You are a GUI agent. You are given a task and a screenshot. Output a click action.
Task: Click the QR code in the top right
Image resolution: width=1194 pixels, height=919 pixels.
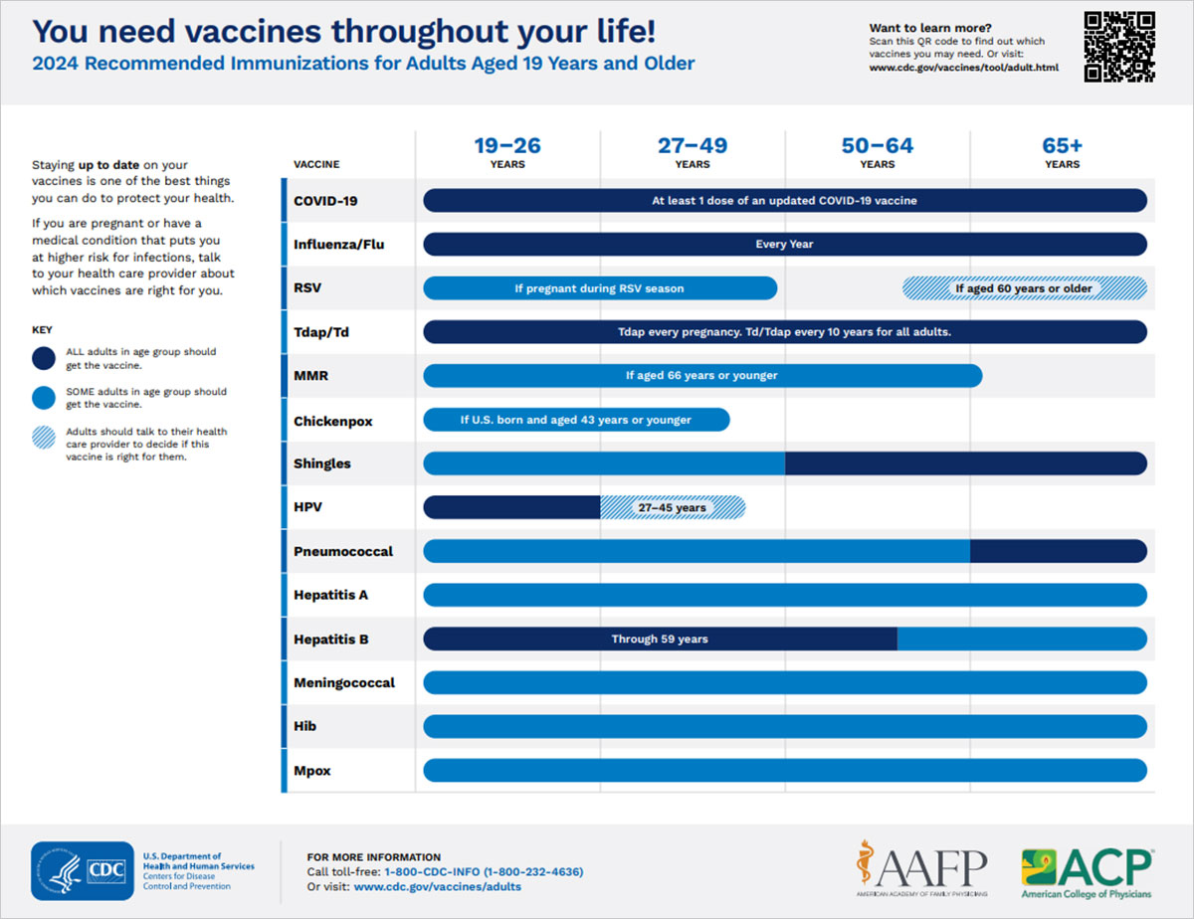click(x=1118, y=46)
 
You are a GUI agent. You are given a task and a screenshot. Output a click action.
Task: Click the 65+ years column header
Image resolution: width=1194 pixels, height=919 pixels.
click(x=1062, y=152)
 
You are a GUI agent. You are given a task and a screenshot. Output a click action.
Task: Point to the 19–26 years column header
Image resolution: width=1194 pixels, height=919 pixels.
click(x=507, y=152)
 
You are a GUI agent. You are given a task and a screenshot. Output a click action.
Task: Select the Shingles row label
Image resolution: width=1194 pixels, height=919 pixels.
click(x=322, y=463)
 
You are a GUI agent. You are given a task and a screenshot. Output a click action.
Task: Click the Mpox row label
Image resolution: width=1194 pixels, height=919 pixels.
click(x=313, y=770)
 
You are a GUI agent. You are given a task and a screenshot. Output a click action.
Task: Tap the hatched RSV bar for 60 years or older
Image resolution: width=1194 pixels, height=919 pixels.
click(x=1024, y=288)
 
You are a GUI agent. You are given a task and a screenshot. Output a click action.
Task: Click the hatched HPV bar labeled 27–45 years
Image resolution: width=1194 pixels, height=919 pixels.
click(x=672, y=507)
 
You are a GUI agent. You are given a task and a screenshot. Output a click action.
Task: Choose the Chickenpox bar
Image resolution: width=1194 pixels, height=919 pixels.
click(x=576, y=420)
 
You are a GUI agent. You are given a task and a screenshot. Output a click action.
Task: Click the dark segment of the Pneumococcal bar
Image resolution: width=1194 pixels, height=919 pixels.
click(x=1058, y=551)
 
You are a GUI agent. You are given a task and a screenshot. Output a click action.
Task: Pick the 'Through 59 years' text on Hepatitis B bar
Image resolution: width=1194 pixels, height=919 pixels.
click(x=660, y=639)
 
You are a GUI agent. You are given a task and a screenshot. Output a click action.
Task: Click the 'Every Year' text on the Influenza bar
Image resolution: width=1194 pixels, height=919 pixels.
click(x=784, y=245)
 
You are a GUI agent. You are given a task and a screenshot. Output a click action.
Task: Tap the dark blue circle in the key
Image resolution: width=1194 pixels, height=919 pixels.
click(x=45, y=358)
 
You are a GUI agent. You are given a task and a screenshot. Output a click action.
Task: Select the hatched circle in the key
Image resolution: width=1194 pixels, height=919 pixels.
click(x=45, y=438)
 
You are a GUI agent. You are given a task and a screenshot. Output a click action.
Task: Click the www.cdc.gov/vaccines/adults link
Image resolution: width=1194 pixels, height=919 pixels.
click(x=437, y=886)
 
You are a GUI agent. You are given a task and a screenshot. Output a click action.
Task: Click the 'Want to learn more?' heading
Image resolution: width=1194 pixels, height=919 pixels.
click(x=929, y=28)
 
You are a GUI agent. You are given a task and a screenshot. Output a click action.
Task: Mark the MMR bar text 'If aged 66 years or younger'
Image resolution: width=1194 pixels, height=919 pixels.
click(x=701, y=376)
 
